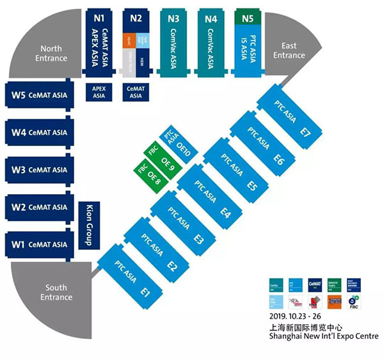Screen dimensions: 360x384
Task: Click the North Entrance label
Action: tap(51, 54)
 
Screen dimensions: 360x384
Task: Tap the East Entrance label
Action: tap(289, 51)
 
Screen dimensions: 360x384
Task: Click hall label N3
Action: tap(173, 19)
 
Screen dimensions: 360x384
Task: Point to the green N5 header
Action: tap(249, 18)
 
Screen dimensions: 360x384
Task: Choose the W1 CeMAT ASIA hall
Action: tap(40, 244)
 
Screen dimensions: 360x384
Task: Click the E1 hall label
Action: tap(145, 293)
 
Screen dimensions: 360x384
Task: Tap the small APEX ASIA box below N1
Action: tap(98, 92)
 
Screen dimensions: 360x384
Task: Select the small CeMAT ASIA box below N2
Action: tap(135, 92)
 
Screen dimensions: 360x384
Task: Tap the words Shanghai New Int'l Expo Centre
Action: tap(324, 336)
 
